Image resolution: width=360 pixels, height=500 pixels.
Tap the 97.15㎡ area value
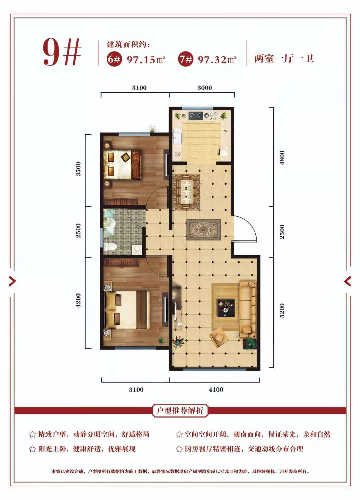(146, 60)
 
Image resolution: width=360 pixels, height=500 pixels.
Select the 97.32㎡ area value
(217, 60)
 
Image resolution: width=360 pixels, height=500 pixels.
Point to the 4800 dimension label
(282, 157)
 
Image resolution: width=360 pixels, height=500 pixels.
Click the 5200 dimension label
(282, 310)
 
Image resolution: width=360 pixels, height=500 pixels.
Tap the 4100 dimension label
(216, 390)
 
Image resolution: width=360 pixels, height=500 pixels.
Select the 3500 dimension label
(78, 169)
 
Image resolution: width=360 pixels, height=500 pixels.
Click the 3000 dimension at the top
(205, 88)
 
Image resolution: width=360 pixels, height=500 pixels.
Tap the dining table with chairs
(186, 192)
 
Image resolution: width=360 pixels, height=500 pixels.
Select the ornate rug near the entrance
(203, 230)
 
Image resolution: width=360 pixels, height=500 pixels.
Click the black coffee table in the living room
(226, 308)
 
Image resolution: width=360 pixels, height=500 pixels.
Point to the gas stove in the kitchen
(196, 115)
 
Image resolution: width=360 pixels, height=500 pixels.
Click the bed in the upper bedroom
(123, 165)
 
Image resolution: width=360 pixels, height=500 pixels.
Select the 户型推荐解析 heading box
(180, 410)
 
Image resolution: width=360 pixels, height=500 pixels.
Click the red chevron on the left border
(12, 281)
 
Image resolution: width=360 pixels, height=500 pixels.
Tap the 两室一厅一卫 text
(284, 59)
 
